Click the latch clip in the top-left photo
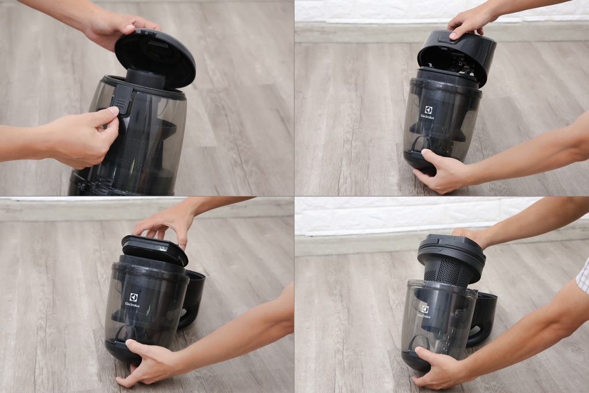tap(124, 98)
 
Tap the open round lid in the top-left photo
tap(155, 55)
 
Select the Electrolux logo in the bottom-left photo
tap(132, 300)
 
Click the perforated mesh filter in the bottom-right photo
tap(448, 271)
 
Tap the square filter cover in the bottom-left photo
tap(154, 249)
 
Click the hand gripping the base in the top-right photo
tap(439, 170)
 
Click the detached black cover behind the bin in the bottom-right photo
tap(482, 320)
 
